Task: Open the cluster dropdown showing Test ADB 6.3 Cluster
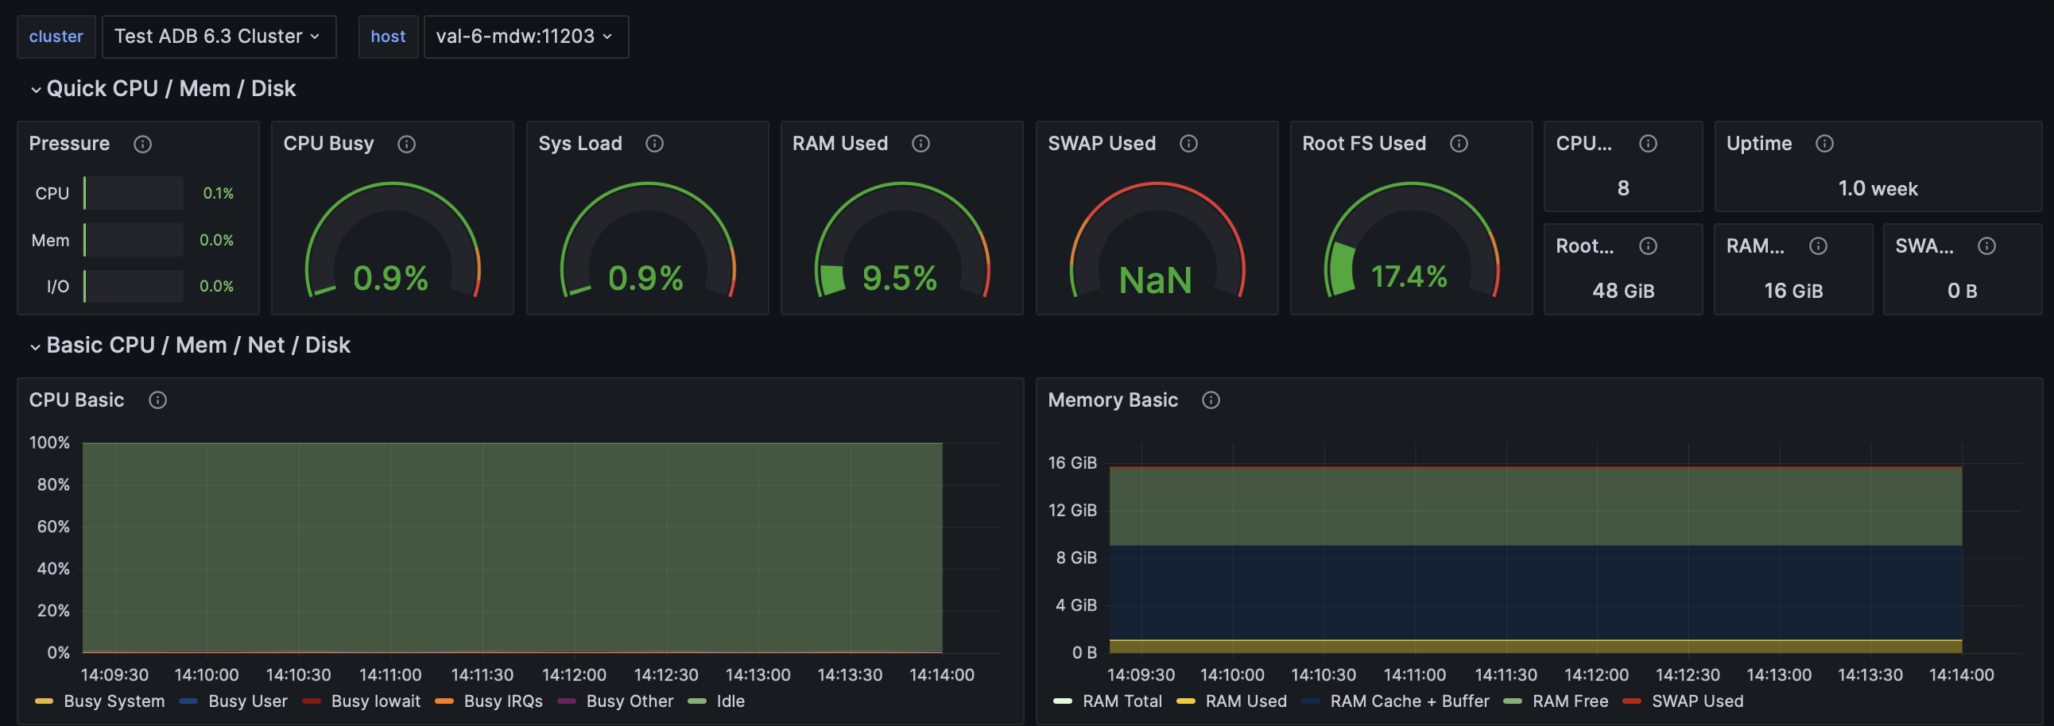[x=218, y=37]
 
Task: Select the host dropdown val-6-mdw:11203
[x=525, y=37]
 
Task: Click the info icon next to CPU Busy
[x=407, y=145]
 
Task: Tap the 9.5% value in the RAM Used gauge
[x=900, y=278]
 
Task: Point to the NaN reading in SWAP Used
[x=1156, y=280]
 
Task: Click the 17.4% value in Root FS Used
[x=1409, y=276]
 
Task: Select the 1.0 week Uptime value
[x=1878, y=189]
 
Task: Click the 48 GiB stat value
[x=1622, y=291]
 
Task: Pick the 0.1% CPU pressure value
[x=218, y=194]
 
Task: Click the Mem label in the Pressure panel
[x=50, y=240]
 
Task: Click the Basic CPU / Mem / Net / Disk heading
[x=198, y=345]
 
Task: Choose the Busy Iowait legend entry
[x=375, y=701]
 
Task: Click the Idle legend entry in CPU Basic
[x=730, y=701]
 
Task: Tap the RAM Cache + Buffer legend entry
[x=1409, y=701]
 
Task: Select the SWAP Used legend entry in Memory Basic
[x=1697, y=701]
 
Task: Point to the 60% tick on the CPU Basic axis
[x=53, y=527]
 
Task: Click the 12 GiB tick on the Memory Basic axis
[x=1072, y=510]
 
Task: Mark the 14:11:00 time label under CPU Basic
[x=390, y=675]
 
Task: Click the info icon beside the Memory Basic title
[x=1211, y=400]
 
